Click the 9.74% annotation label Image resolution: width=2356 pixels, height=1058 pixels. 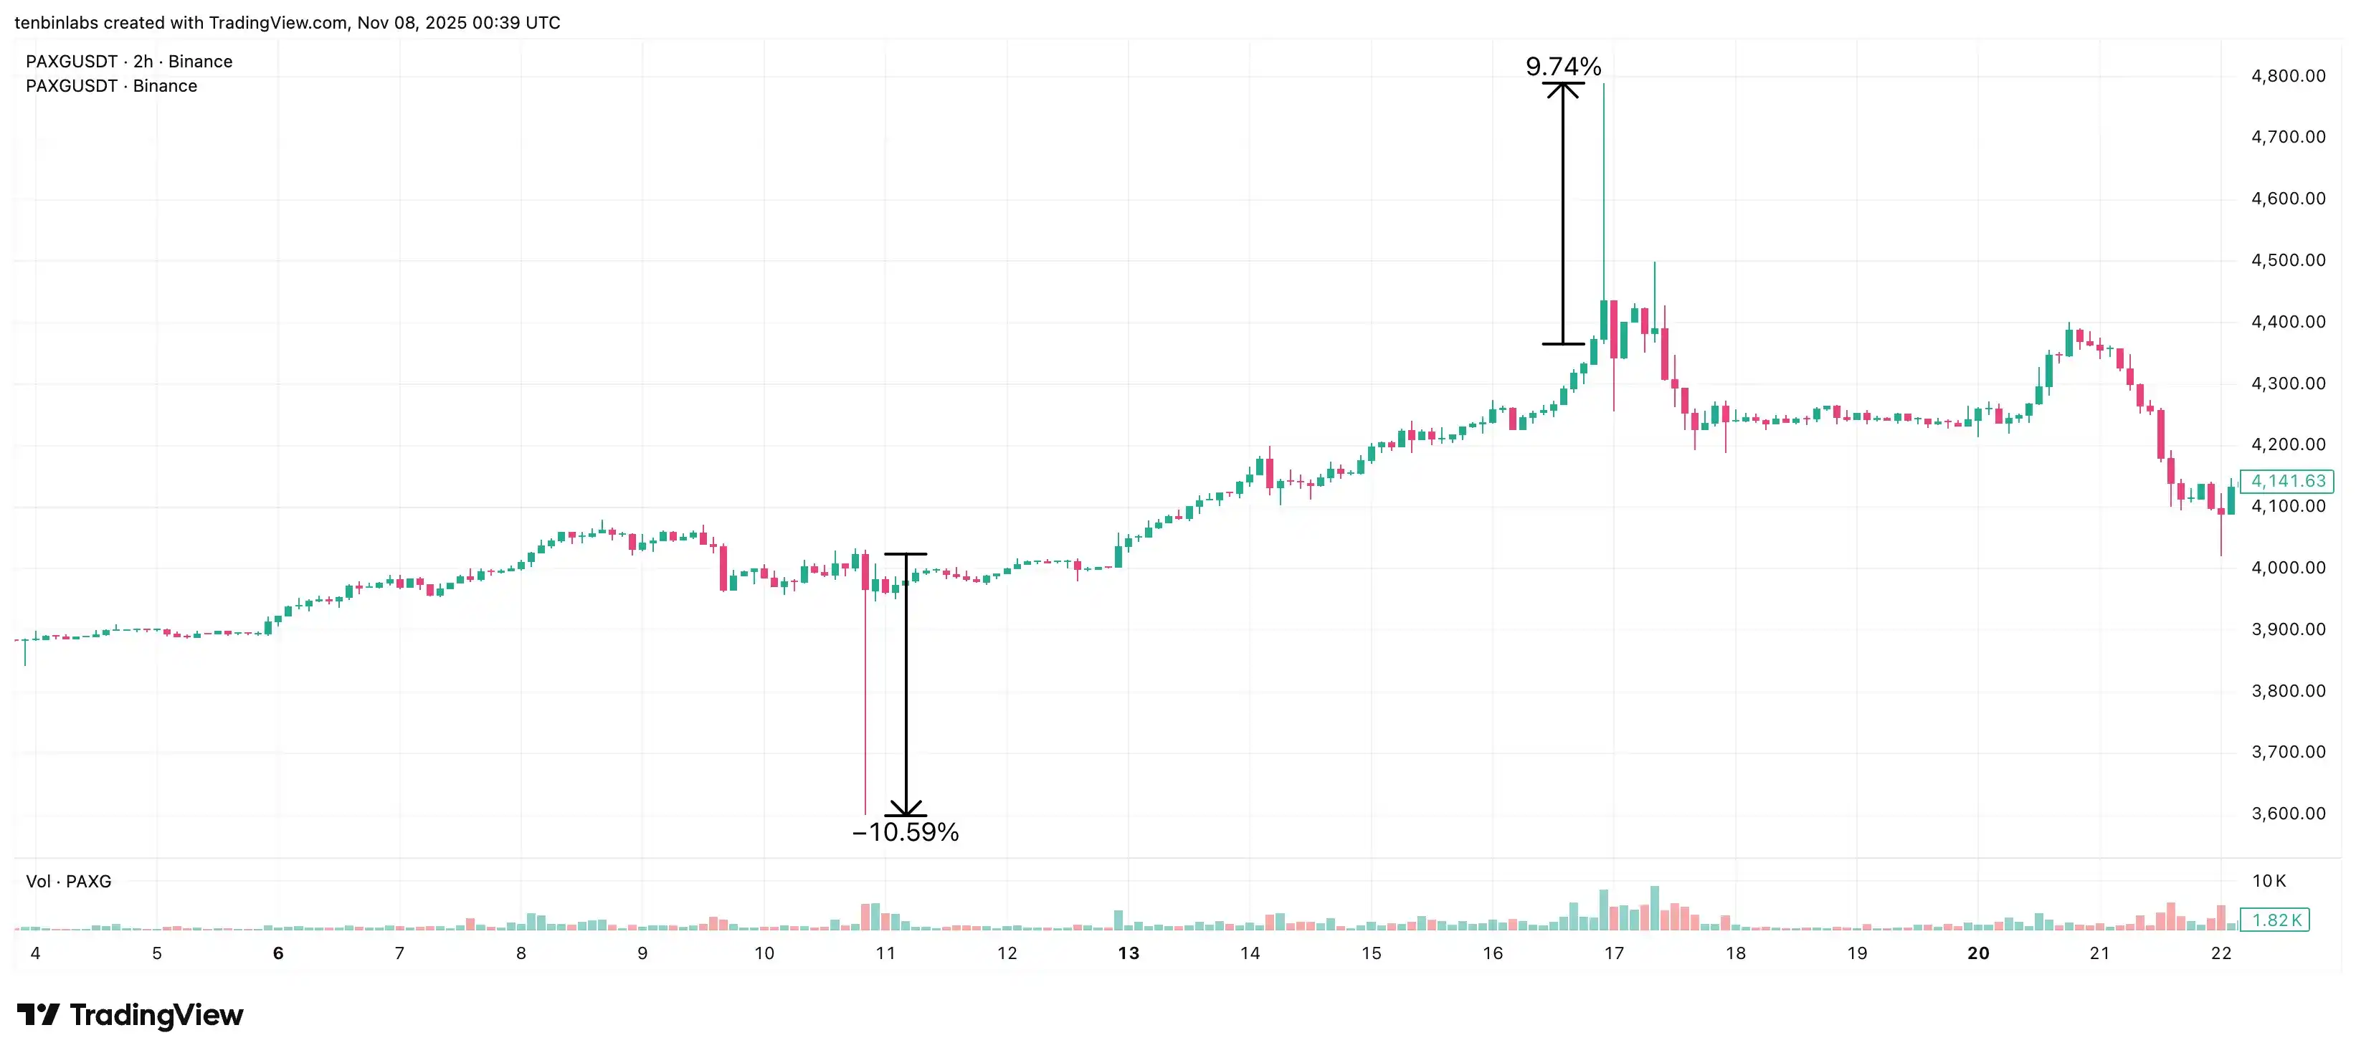click(1563, 67)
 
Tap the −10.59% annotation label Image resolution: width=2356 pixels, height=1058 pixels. click(906, 832)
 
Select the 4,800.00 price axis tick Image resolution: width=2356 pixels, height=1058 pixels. click(2287, 76)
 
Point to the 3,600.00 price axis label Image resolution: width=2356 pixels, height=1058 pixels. click(2287, 814)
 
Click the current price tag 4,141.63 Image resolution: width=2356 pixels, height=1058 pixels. click(2287, 481)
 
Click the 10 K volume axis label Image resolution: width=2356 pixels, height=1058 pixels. click(2269, 881)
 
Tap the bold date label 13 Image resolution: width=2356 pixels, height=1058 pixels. click(1129, 954)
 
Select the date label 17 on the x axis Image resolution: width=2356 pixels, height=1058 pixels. click(1614, 954)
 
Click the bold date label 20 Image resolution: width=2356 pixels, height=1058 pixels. click(1978, 954)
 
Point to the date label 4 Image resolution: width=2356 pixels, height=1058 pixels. click(36, 954)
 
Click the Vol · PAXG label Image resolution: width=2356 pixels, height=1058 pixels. click(69, 882)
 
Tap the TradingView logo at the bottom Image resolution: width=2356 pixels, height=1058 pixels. click(130, 1015)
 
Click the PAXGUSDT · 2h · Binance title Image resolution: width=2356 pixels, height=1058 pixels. click(129, 61)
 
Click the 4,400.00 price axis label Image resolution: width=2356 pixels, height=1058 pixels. click(2287, 322)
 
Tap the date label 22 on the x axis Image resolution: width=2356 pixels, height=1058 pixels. click(2220, 954)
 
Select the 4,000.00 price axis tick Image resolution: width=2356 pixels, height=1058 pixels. click(2287, 568)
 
